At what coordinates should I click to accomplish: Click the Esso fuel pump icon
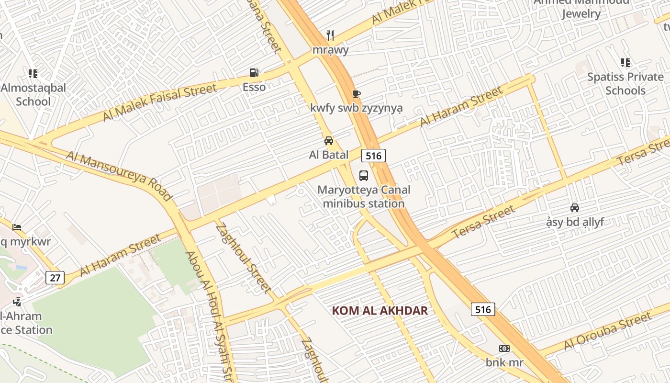tap(254, 73)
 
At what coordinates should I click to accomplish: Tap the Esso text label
tap(254, 87)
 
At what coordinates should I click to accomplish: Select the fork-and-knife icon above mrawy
tap(330, 35)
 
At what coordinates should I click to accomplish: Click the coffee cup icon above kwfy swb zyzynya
tap(356, 94)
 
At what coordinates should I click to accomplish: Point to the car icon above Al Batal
tap(329, 140)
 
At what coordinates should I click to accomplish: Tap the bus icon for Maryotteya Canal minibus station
tap(364, 175)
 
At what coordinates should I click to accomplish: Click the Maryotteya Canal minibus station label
tap(364, 197)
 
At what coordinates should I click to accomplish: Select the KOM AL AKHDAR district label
tap(380, 310)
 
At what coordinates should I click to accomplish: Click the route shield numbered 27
tap(55, 277)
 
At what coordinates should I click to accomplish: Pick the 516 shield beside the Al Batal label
tap(373, 156)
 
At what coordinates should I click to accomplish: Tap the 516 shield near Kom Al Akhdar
tap(483, 309)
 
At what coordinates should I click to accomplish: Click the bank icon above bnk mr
tap(504, 349)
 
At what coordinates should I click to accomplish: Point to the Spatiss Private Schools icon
tap(625, 62)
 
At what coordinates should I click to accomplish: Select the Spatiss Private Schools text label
tap(625, 84)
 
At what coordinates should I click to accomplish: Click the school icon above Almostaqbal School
tap(33, 73)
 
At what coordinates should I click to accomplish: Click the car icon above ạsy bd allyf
tap(575, 207)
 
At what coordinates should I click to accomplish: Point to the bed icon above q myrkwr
tap(17, 226)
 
